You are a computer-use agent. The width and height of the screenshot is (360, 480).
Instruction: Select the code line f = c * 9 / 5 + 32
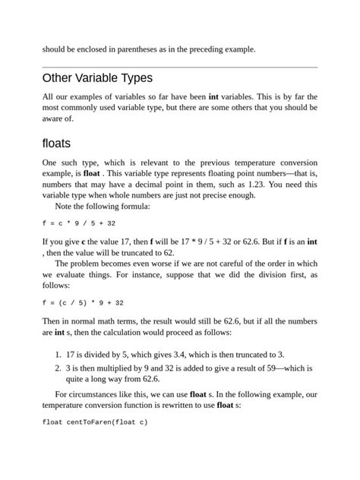pyautogui.click(x=78, y=223)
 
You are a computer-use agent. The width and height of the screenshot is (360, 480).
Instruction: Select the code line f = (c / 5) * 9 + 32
pyautogui.click(x=83, y=302)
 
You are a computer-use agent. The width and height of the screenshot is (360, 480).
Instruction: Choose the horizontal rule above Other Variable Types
pyautogui.click(x=180, y=67)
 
